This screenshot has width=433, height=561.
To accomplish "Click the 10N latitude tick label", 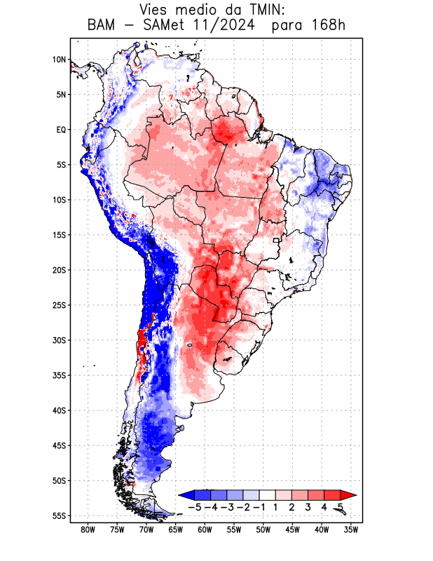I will point(59,60).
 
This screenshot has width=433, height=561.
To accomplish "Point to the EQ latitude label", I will point(61,130).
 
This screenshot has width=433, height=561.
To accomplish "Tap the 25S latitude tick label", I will point(59,305).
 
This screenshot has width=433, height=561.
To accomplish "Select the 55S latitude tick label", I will point(59,515).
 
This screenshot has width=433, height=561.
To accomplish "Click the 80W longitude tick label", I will point(88,529).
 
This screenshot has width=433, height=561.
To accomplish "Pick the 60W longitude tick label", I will point(205,529).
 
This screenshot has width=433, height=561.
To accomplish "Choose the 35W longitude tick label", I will point(351,529).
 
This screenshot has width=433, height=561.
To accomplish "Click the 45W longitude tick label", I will point(292,529).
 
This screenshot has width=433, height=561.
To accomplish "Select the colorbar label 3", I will point(308,506).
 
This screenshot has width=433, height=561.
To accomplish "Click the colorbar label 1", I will point(277,506).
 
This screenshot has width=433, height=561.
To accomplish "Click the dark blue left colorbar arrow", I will point(186,495).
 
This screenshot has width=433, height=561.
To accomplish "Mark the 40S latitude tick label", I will point(59,410).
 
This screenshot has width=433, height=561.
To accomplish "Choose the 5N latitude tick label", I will point(61,95).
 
